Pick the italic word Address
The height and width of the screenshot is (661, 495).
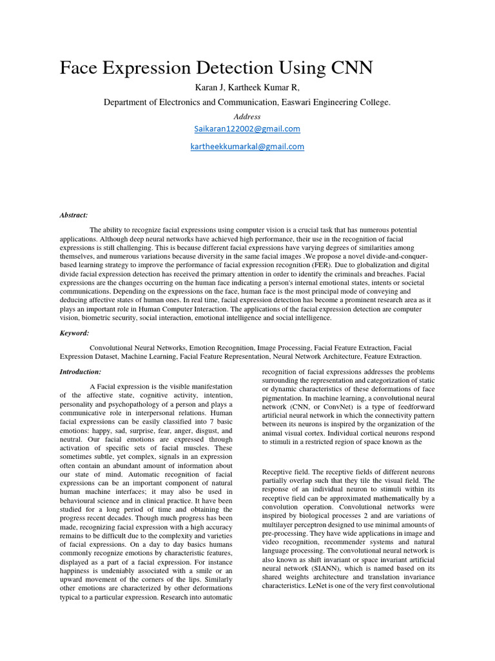(x=247, y=117)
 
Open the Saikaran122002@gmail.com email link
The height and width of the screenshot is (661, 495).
(x=247, y=129)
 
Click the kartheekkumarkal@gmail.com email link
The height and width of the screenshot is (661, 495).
(x=247, y=147)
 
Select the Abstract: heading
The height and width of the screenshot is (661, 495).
(x=73, y=216)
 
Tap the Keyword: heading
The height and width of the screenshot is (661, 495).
(x=74, y=333)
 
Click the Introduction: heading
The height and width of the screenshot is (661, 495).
(x=81, y=372)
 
